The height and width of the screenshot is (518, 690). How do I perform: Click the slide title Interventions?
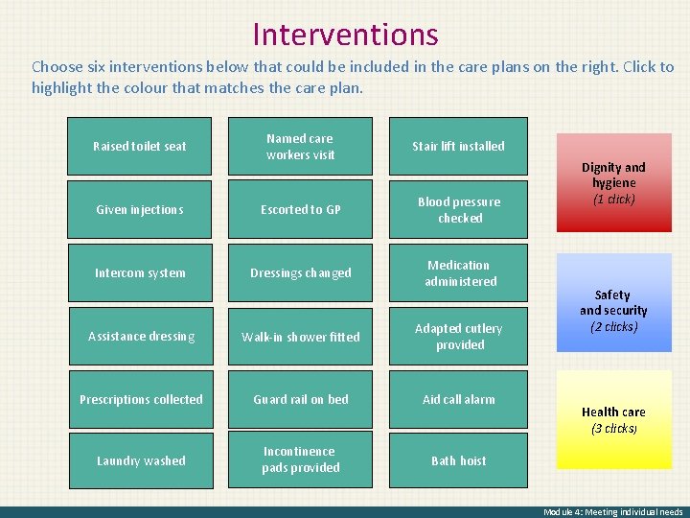click(345, 35)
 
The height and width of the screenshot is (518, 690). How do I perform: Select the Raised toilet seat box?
click(140, 146)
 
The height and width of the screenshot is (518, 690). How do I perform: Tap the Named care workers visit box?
click(300, 146)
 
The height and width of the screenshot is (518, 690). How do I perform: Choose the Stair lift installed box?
click(458, 146)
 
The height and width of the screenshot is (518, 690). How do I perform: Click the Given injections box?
click(140, 209)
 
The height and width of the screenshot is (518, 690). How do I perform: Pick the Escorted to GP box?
click(300, 209)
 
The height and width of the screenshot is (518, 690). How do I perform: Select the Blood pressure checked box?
click(458, 209)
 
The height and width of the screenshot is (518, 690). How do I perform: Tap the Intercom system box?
click(140, 272)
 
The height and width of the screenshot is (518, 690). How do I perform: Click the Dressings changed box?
click(300, 272)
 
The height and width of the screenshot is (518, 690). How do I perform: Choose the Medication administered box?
click(458, 272)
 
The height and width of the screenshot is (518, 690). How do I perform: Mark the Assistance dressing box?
click(140, 336)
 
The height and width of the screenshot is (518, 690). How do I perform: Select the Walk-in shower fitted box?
click(300, 336)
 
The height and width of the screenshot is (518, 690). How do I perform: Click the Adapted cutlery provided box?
click(458, 336)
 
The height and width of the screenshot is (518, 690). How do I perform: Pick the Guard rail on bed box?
click(300, 399)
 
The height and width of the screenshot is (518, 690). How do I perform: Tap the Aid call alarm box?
click(458, 399)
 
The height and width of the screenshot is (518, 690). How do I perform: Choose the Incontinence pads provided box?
click(300, 459)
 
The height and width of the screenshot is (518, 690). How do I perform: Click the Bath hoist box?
click(458, 460)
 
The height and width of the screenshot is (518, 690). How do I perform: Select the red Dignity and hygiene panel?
click(613, 182)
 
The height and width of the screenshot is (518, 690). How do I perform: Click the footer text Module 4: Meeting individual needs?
click(612, 511)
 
